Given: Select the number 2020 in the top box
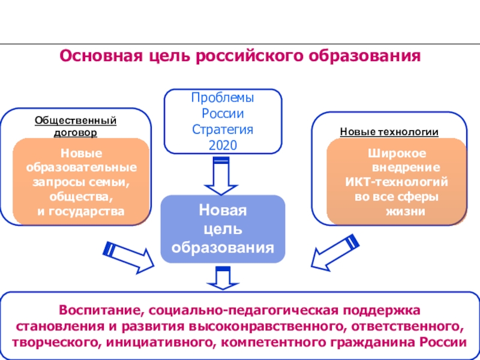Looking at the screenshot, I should click(x=223, y=145).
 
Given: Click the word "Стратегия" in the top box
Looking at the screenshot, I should click(x=223, y=129).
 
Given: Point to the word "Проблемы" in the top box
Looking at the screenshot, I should click(x=223, y=98).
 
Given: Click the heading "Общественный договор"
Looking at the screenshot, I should click(x=75, y=126).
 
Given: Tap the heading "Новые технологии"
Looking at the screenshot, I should click(x=389, y=131).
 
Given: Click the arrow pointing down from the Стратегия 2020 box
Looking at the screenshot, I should click(x=221, y=175).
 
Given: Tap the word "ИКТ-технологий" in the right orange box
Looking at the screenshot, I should click(x=397, y=182).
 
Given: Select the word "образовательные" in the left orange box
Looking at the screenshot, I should click(x=82, y=167).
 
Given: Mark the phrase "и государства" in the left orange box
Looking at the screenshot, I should click(x=82, y=211).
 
